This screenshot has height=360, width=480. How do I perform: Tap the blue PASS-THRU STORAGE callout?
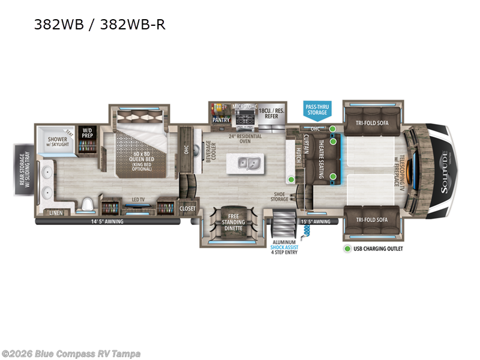pos(317,109)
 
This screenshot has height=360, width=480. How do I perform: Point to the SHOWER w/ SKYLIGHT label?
pos(58,142)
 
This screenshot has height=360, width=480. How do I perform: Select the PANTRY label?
pos(221,120)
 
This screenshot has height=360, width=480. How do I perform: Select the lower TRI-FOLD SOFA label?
pos(372,220)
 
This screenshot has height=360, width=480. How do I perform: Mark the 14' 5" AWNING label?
pos(107,221)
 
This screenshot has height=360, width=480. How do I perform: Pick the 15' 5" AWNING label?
pos(314,221)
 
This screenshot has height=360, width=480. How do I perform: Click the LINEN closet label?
pos(55,213)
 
